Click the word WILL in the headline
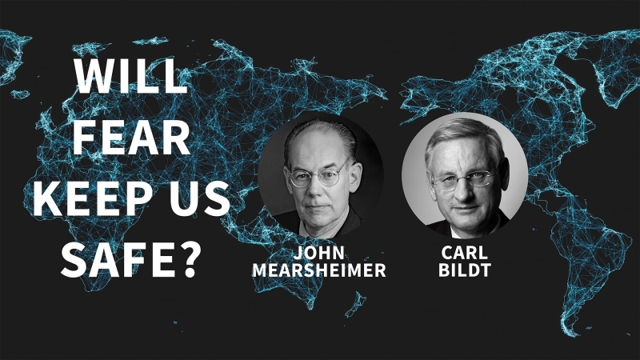[x=130, y=76]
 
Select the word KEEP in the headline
[x=96, y=198]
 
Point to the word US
[x=200, y=198]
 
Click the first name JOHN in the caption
[x=318, y=253]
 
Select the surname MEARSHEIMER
[x=318, y=270]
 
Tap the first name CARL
[x=465, y=253]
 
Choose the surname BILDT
[x=465, y=270]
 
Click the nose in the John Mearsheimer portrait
[x=317, y=189]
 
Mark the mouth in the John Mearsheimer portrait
[x=317, y=207]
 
